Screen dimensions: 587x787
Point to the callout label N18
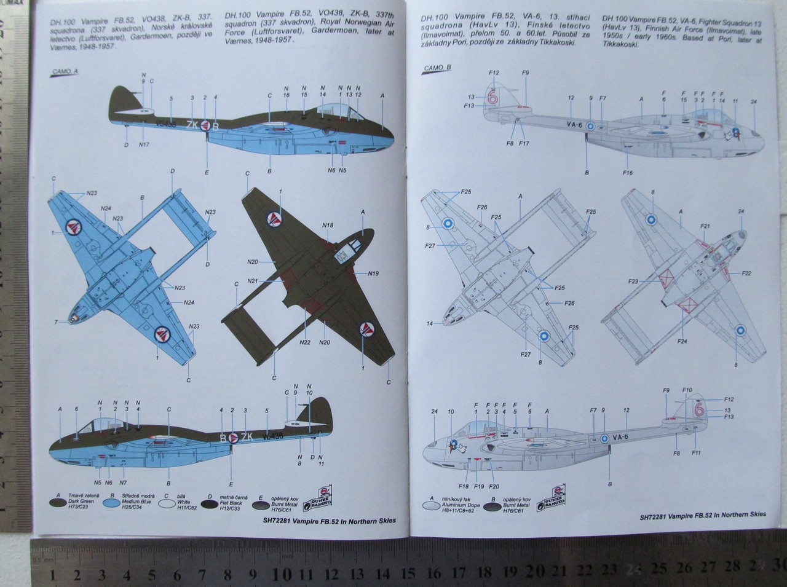328,226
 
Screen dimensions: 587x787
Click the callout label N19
374,273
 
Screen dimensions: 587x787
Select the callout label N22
304,342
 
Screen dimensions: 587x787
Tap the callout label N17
144,144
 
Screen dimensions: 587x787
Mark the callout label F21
705,227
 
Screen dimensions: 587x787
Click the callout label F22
746,273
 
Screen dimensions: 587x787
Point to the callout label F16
627,173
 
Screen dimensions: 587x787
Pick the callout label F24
682,341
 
